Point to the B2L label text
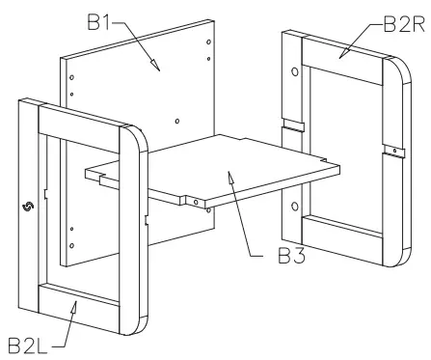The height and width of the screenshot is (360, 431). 30,343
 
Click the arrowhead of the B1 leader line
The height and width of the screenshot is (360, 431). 154,68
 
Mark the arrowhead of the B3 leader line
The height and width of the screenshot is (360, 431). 229,175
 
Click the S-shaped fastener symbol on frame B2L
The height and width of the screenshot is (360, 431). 26,206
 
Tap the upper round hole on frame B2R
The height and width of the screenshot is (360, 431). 294,71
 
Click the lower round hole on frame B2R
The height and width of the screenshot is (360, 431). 294,204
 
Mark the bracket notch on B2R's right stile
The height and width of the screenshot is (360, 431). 390,150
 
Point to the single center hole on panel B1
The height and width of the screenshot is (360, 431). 176,122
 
